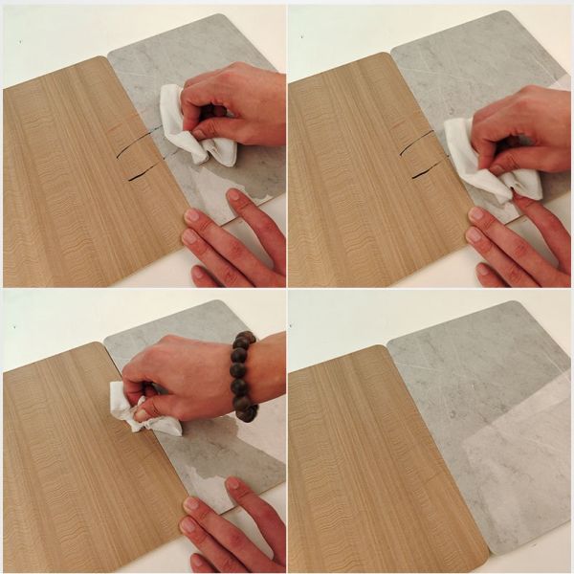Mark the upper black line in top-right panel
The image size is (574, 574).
417,142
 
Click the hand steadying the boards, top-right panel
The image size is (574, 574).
517,244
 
